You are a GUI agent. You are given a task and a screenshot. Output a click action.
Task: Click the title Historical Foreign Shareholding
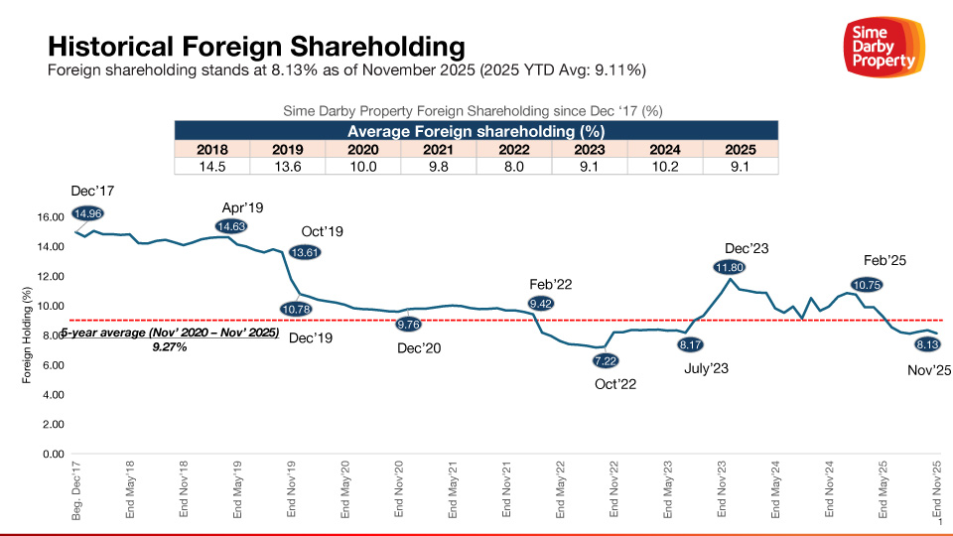[256, 46]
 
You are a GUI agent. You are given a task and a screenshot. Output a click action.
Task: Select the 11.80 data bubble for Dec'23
[730, 266]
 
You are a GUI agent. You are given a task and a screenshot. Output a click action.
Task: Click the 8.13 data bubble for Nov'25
[929, 344]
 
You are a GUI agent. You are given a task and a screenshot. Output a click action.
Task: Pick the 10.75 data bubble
[867, 283]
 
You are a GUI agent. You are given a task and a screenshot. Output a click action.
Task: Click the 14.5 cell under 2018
[211, 166]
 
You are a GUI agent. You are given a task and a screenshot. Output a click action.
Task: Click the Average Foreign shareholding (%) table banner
[476, 131]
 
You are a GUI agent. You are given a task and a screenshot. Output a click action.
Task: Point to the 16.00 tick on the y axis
[51, 216]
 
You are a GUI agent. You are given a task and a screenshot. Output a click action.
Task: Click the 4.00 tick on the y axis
[51, 395]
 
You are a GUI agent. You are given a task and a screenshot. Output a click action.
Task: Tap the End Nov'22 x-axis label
[613, 492]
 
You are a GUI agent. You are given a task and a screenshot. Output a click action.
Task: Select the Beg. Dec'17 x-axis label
[76, 492]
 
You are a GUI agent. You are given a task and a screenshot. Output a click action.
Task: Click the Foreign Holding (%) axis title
[28, 335]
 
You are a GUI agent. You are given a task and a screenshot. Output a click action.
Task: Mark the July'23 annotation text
[707, 369]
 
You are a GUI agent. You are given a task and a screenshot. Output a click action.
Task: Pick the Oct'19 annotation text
[323, 232]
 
